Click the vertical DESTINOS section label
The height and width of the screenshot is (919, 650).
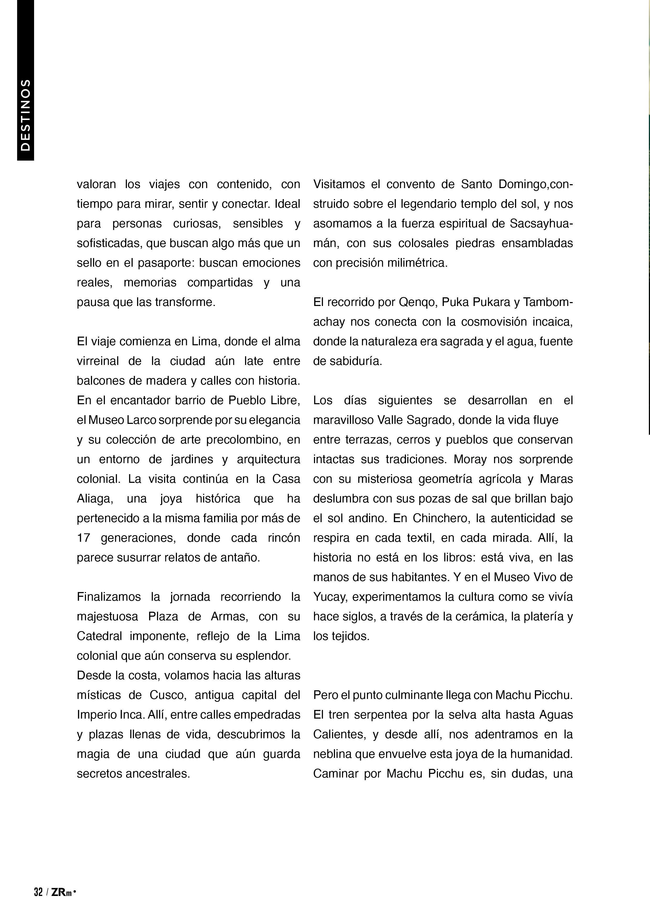pos(25,115)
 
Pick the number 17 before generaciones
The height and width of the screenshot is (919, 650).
pos(84,538)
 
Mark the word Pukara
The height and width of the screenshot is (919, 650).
pos(490,302)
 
